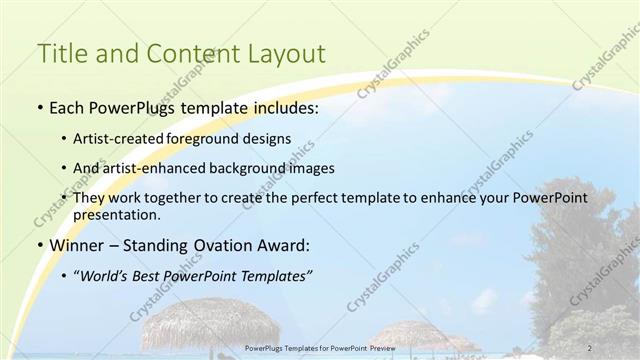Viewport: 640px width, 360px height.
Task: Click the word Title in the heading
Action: pos(60,55)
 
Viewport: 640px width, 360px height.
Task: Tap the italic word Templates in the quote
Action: pos(270,276)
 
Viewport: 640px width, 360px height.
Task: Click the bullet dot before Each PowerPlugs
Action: pos(39,106)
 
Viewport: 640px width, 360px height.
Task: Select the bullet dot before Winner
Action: pos(39,246)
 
